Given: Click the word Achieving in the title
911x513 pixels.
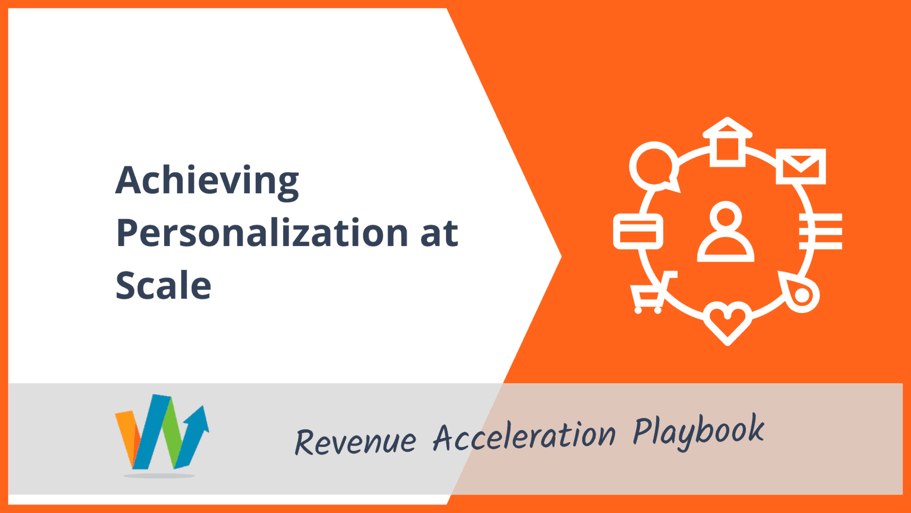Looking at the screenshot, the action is coord(207,181).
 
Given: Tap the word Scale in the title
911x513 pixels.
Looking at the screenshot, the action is coord(164,285).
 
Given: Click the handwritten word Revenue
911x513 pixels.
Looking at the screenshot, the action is coord(355,441).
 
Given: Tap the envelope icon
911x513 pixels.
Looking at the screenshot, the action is coord(801,166).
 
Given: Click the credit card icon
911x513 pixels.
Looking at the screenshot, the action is coord(638,231).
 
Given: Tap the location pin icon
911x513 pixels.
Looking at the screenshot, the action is coord(800,292).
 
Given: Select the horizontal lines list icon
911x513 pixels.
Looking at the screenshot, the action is coord(821,231).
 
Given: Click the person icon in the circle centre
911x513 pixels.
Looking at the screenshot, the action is coord(726,231).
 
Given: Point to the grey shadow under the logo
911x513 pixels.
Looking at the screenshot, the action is coord(159,475).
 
